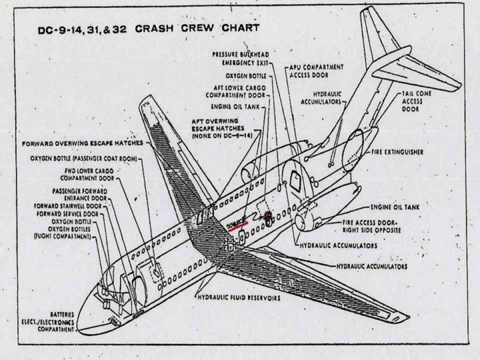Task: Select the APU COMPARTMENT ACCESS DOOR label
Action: tap(316, 71)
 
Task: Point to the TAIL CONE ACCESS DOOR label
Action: tap(417, 101)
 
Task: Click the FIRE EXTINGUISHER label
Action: tap(406, 153)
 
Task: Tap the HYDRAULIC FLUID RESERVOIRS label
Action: tap(238, 298)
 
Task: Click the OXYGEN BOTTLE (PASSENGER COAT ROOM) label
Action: tap(83, 159)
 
